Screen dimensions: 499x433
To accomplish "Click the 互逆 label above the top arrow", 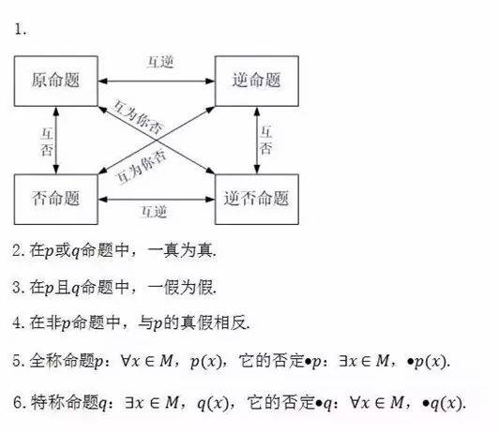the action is click(160, 62).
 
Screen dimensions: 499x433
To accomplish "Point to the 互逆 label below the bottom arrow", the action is click(155, 212).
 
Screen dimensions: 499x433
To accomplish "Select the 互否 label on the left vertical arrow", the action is click(47, 142).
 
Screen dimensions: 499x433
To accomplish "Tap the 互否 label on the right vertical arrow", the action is click(266, 141).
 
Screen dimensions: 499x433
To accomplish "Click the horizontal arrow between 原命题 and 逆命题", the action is click(157, 81).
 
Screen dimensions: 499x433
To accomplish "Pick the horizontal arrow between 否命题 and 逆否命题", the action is click(157, 200).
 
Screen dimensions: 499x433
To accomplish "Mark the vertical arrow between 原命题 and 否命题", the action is click(56, 141).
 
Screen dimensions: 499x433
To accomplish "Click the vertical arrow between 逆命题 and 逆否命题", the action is click(257, 141).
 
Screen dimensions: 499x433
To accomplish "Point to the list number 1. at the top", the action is click(21, 30).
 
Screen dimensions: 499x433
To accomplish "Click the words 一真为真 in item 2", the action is click(180, 250).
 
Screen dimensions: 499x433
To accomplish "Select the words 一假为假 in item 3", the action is click(180, 287).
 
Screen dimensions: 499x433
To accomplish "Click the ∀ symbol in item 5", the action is click(125, 361).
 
